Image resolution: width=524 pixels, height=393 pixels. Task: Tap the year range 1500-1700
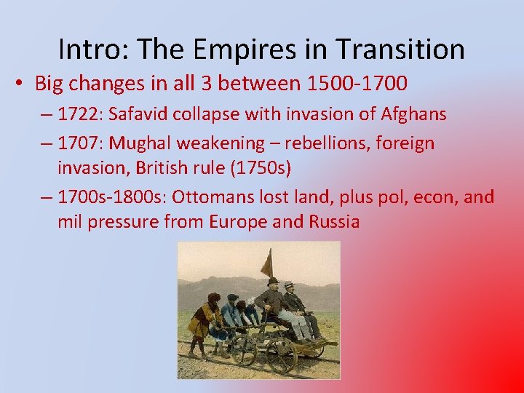(x=357, y=84)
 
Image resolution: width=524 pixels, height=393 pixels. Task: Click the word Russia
(x=333, y=221)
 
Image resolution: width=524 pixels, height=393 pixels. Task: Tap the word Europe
(x=235, y=221)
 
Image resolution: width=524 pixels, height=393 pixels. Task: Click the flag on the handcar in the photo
(x=267, y=261)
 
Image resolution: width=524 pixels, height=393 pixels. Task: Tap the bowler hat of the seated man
(x=273, y=282)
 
